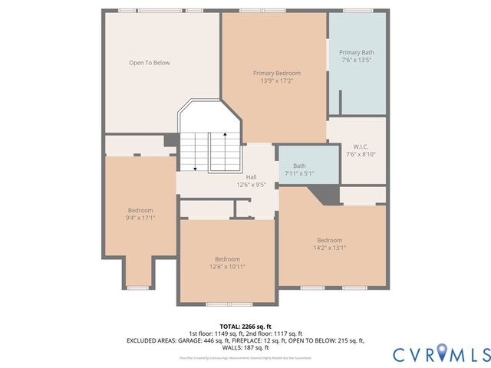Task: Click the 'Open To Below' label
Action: pyautogui.click(x=149, y=63)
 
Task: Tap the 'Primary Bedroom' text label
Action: pyautogui.click(x=276, y=73)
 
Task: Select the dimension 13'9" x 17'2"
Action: pyautogui.click(x=276, y=80)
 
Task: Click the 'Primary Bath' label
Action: pyautogui.click(x=357, y=52)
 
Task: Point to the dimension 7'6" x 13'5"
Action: pyautogui.click(x=357, y=60)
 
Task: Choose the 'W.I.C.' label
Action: pyautogui.click(x=361, y=146)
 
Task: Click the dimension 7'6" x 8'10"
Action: pyautogui.click(x=361, y=154)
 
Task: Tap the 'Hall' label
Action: pyautogui.click(x=251, y=177)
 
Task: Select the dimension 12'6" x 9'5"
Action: pyautogui.click(x=251, y=185)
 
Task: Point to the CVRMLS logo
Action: pyautogui.click(x=440, y=354)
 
